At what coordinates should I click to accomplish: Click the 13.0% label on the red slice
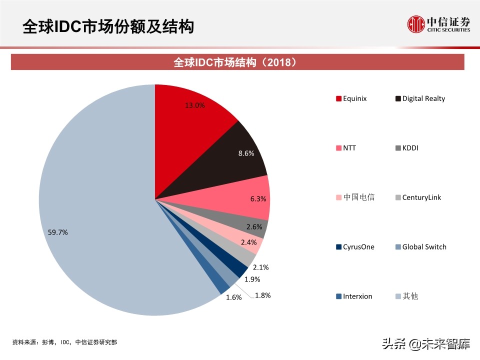(x=194, y=105)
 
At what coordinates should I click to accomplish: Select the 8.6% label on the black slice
(x=245, y=153)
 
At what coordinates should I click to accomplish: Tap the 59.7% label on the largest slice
(x=58, y=232)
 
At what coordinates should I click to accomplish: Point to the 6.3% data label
(x=258, y=198)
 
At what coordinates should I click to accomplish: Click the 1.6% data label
(x=233, y=297)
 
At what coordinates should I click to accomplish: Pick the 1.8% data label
(x=262, y=295)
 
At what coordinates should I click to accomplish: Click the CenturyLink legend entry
(x=418, y=197)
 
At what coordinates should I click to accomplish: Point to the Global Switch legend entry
(x=420, y=247)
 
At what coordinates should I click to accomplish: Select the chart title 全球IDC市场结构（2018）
(x=238, y=62)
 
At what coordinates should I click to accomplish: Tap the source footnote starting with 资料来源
(x=65, y=342)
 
